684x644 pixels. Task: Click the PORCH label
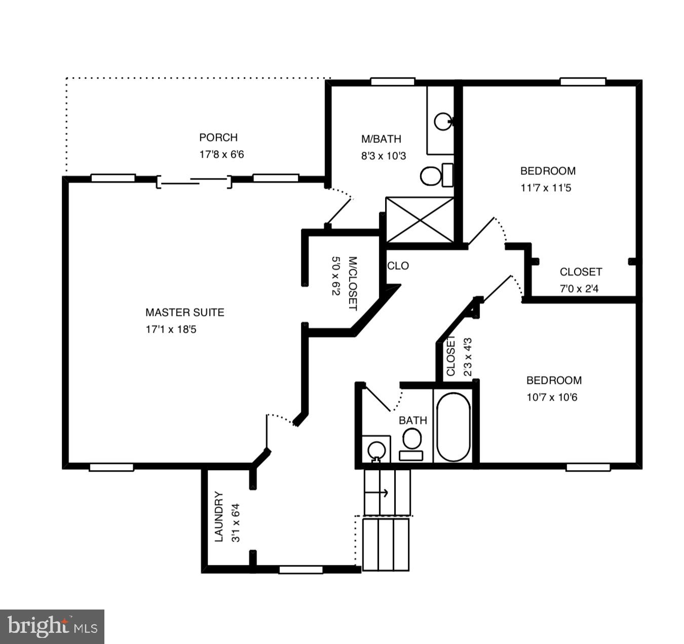point(218,137)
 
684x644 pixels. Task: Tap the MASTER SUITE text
point(184,312)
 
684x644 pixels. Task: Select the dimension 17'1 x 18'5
point(171,329)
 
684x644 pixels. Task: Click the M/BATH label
point(381,139)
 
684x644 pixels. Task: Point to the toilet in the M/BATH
point(436,175)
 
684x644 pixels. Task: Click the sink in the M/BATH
point(443,121)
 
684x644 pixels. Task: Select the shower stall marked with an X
point(420,220)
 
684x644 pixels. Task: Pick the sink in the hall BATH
point(376,449)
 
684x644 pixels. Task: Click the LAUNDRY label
point(219,516)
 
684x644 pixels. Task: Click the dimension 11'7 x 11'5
point(546,188)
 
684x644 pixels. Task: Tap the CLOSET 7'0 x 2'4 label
point(581,272)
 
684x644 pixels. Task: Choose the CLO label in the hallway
point(398,266)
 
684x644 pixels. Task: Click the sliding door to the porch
point(194,181)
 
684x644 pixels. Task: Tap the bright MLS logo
point(52,626)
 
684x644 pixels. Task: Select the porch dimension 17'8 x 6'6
point(221,154)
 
